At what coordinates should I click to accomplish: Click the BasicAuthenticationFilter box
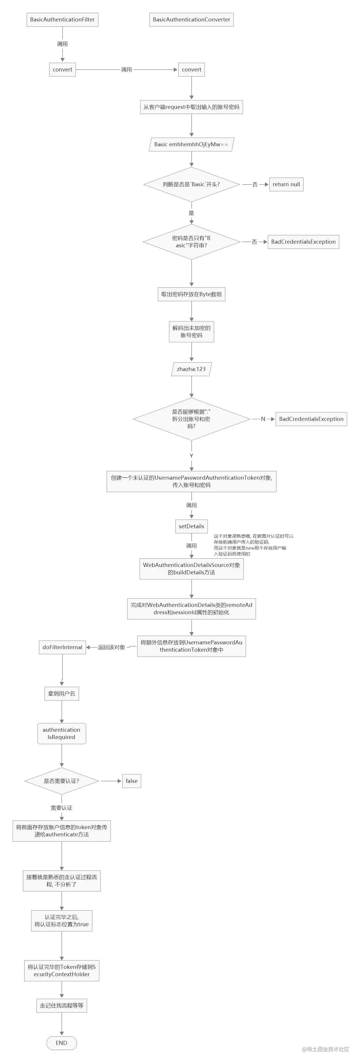[x=62, y=19]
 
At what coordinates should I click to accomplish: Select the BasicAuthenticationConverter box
[x=191, y=19]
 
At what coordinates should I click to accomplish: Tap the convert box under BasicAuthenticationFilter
[x=62, y=70]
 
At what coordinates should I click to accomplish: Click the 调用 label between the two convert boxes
[x=126, y=70]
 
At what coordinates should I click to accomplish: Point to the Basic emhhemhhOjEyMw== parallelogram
[x=191, y=144]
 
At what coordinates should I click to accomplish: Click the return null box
[x=286, y=185]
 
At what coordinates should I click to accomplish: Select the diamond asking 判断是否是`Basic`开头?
[x=191, y=185]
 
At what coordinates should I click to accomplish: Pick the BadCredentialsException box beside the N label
[x=311, y=419]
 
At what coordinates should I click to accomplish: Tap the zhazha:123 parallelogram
[x=191, y=369]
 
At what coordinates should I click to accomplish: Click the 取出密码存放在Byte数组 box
[x=191, y=294]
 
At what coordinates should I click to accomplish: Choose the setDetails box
[x=191, y=526]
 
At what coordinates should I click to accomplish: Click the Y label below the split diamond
[x=191, y=456]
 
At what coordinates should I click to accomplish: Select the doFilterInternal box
[x=62, y=647]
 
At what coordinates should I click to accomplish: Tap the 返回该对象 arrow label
[x=111, y=647]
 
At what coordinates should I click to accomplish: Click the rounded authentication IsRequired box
[x=61, y=733]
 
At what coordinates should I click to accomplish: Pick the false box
[x=131, y=781]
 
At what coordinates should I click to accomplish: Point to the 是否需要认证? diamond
[x=61, y=781]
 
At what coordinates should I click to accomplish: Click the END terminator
[x=61, y=1043]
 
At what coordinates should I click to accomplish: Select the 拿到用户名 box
[x=61, y=693]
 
